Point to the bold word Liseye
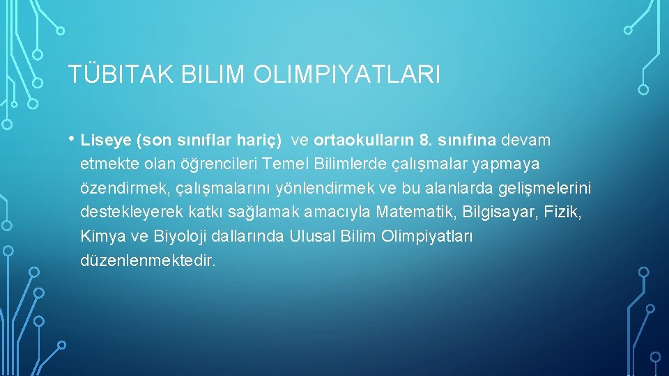106,141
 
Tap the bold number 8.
425,141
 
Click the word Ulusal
311,236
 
